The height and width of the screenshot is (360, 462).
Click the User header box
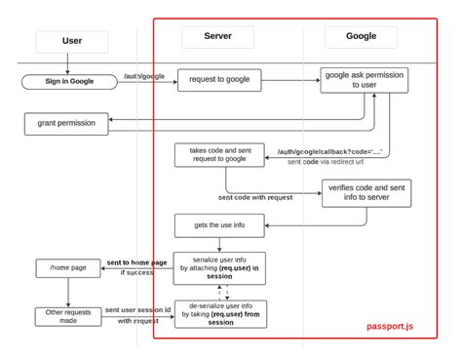pos(72,42)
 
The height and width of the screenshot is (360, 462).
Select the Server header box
pos(217,37)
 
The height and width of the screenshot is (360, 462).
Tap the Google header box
pos(362,37)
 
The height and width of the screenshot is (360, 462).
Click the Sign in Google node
pos(68,82)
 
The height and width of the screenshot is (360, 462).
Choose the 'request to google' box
pos(218,81)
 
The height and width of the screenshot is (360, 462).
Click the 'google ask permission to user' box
pos(365,80)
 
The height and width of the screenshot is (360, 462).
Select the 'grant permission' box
pos(65,123)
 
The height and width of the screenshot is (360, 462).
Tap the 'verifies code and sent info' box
pos(366,193)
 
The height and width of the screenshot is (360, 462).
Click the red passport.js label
pos(396,327)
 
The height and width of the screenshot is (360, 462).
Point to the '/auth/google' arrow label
pos(144,75)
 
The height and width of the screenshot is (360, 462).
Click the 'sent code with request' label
pos(254,197)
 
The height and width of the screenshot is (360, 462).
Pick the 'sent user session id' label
pos(137,310)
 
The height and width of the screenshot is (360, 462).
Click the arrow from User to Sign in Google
pos(68,63)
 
